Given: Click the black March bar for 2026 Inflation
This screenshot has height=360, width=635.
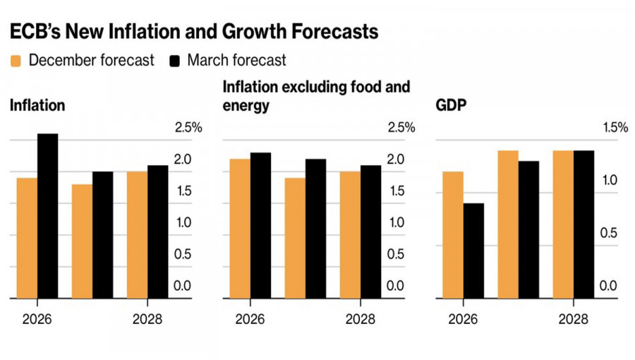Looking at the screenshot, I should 48,216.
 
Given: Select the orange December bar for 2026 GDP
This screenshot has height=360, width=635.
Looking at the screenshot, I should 453,235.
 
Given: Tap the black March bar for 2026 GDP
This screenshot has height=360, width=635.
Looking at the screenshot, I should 473,251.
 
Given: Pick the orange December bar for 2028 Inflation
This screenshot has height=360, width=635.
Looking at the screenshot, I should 138,235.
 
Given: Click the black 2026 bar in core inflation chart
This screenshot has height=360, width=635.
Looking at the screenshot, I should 260,225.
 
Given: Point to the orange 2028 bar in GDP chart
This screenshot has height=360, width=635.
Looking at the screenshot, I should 563,224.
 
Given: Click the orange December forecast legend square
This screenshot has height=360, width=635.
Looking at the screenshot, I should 16,61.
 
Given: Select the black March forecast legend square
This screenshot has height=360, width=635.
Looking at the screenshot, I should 175,61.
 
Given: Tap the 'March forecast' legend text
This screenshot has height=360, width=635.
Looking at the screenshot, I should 236,60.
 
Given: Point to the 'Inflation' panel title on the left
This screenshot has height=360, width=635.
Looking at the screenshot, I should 37,105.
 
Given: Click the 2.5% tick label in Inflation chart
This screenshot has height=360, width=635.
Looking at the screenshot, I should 188,127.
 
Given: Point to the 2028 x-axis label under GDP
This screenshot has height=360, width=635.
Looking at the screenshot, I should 573,319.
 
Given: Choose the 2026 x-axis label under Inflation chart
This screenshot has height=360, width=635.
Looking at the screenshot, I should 37,319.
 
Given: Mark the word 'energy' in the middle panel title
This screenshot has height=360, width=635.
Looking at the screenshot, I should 246,106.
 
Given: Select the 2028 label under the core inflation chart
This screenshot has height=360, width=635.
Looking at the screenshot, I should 360,319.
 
